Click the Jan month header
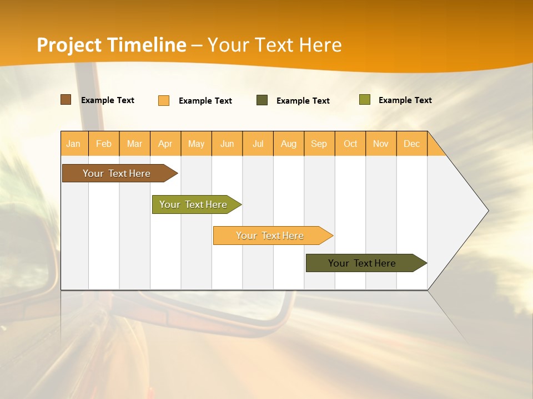coord(74,144)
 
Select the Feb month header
coord(104,144)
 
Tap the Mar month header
coord(134,144)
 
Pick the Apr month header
coord(165,144)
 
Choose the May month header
coord(196,144)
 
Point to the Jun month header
coord(227,144)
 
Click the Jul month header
coord(258,144)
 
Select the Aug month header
coord(289,144)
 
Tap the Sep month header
coord(319,144)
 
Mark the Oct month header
coord(350,144)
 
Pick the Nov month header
coord(381,144)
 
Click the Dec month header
coord(412,144)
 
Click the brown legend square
coord(66,100)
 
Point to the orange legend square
coord(164,100)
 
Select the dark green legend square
coord(262,100)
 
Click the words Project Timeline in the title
coord(112,45)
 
